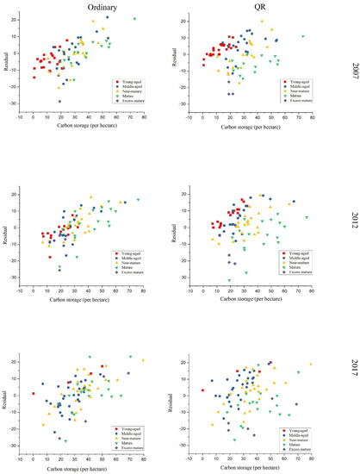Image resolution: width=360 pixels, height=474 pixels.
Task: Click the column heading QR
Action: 259,7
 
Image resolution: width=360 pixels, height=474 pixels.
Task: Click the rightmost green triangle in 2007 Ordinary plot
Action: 134,18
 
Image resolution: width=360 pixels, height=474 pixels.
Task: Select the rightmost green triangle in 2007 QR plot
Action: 302,37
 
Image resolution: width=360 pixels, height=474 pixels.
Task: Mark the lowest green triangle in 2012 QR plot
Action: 229,281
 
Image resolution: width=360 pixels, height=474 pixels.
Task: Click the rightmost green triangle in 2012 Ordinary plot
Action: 137,200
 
